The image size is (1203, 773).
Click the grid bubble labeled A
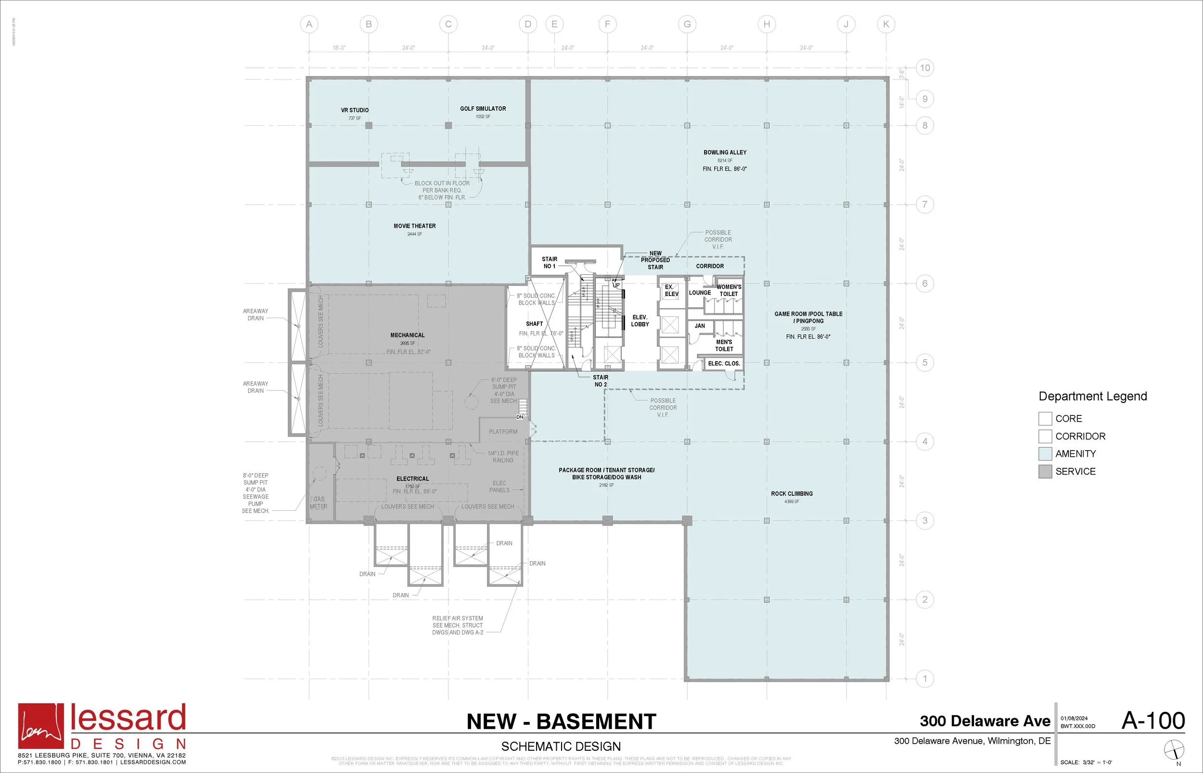click(309, 24)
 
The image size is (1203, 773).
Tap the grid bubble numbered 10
click(924, 68)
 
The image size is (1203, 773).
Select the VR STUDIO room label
click(355, 110)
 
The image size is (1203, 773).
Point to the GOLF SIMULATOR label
click(483, 109)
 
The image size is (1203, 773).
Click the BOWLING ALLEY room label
click(724, 153)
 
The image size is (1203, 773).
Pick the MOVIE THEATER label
click(414, 226)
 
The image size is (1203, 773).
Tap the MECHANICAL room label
click(408, 335)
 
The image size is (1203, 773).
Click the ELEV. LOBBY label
click(640, 321)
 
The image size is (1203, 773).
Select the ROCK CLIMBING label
click(792, 494)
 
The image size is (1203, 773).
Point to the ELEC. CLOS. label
click(724, 363)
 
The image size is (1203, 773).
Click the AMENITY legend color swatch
click(1045, 454)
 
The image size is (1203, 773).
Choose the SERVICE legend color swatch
click(1045, 472)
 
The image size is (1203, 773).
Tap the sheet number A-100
click(1153, 721)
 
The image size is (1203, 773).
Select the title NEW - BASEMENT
click(561, 722)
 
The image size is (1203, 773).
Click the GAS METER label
click(319, 503)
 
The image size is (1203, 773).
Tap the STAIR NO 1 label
click(550, 263)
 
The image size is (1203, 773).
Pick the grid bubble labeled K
click(885, 24)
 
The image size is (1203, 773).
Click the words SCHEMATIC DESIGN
click(561, 747)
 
